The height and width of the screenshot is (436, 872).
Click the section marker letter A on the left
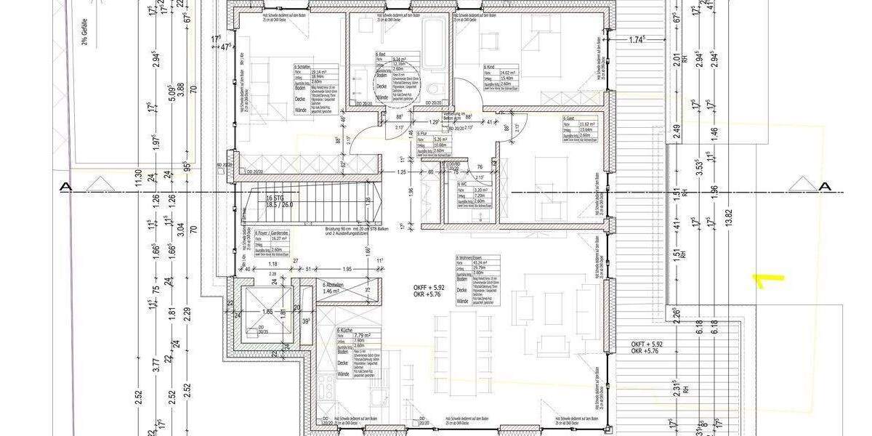66,187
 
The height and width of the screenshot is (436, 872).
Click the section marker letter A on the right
824,187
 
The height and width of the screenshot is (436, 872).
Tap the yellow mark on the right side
767,280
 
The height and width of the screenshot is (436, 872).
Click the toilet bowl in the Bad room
433,89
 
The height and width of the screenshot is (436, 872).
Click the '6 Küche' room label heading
344,331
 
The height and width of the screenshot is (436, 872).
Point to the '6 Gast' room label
568,118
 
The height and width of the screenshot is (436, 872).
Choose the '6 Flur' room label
422,134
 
